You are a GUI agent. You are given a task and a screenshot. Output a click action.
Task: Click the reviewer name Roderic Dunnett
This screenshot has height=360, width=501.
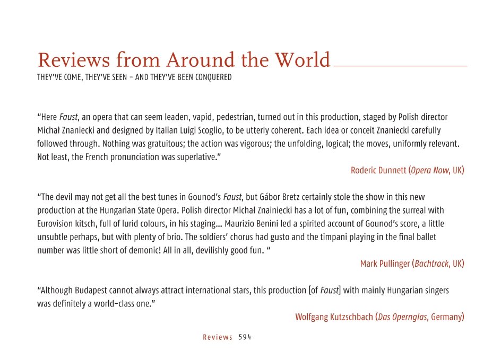click(378, 170)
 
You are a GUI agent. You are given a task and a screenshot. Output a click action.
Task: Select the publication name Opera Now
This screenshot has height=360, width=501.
click(430, 170)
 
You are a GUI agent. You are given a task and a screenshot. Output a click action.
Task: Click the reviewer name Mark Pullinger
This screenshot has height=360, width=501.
click(385, 264)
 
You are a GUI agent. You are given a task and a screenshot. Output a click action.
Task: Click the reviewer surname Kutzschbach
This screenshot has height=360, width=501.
click(349, 317)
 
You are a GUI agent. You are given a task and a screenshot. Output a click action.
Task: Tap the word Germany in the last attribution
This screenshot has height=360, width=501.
click(447, 317)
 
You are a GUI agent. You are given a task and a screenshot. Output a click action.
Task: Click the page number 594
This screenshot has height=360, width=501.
click(245, 337)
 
